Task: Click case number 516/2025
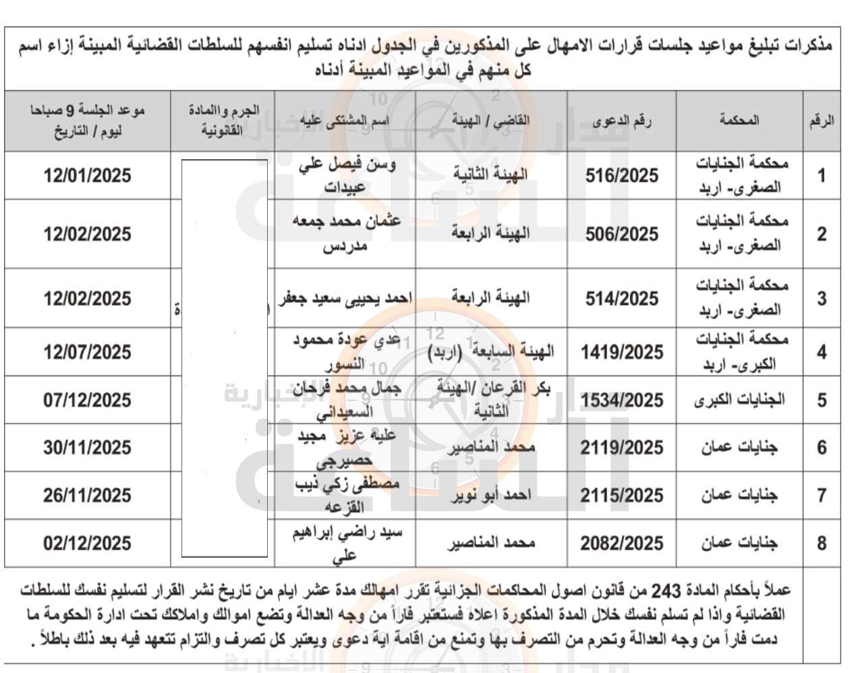click(x=621, y=176)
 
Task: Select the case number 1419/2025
click(x=621, y=352)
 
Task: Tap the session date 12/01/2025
click(x=87, y=176)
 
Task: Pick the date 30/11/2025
click(x=87, y=448)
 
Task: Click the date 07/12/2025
click(x=87, y=400)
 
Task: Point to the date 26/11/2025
click(x=87, y=496)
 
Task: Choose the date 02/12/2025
click(x=87, y=544)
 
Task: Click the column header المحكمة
click(x=739, y=120)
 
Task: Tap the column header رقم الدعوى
click(x=621, y=121)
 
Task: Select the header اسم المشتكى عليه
click(x=345, y=121)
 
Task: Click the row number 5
click(x=821, y=400)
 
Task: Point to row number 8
click(x=821, y=544)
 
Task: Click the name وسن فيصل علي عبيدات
click(x=345, y=175)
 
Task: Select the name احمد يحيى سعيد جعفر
click(x=345, y=299)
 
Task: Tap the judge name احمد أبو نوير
click(x=490, y=496)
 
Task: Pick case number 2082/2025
click(x=621, y=544)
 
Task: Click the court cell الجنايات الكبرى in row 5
click(x=739, y=400)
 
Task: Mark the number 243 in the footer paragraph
click(x=666, y=591)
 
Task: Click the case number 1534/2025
click(x=621, y=401)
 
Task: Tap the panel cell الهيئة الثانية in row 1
click(x=490, y=175)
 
